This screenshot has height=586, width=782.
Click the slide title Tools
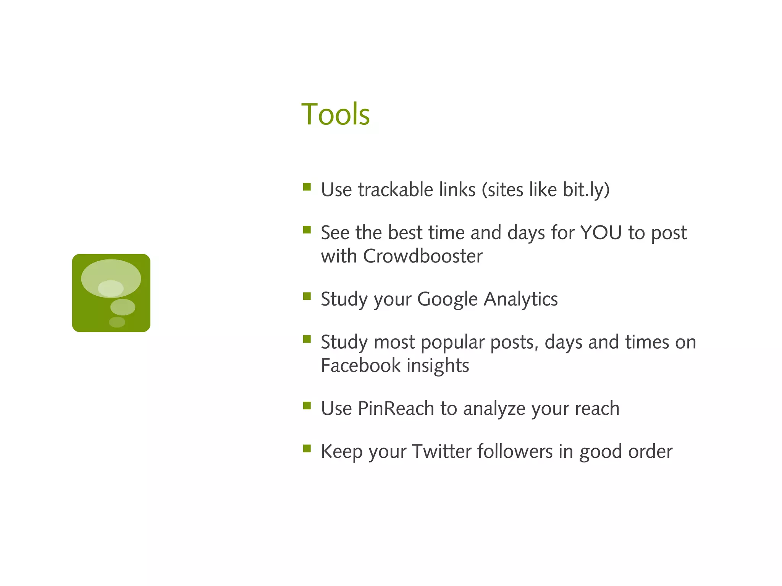(335, 114)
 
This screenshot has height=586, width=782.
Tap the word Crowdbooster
(423, 256)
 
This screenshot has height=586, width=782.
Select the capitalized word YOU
(601, 233)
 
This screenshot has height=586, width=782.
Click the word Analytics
(521, 299)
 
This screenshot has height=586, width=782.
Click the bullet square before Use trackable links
(307, 187)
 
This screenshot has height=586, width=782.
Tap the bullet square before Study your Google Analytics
(307, 296)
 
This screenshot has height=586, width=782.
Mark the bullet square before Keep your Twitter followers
(307, 448)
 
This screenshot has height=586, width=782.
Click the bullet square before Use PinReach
(307, 406)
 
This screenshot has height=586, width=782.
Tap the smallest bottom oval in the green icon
(117, 322)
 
